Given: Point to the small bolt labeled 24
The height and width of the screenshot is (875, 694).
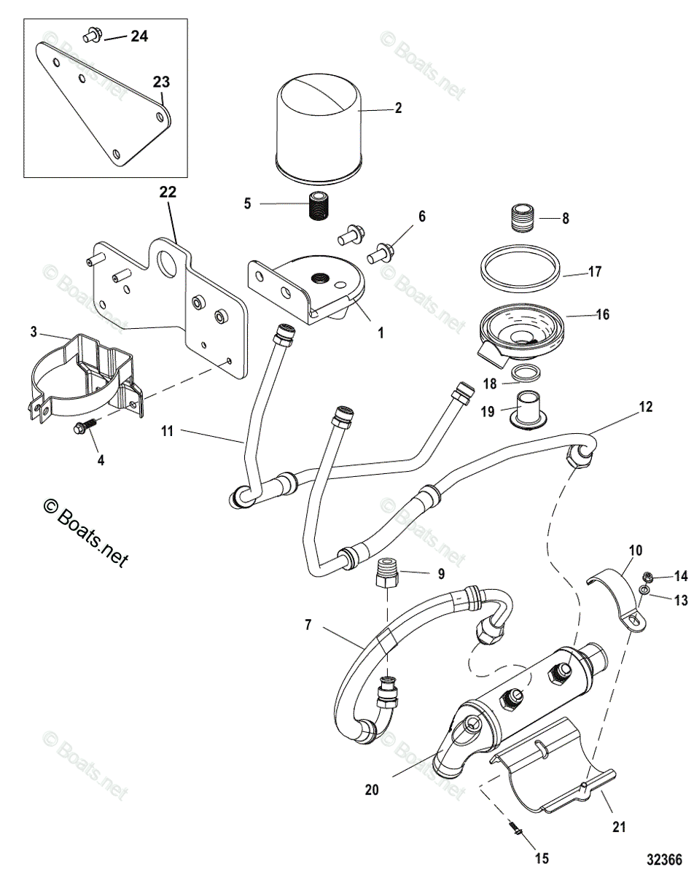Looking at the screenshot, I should (x=92, y=33).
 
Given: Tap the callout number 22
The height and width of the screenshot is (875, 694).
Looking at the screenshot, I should (x=168, y=193).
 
